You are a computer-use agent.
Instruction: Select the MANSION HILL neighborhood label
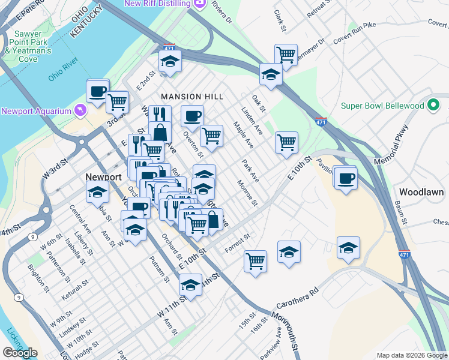191,97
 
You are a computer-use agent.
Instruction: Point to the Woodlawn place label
421,192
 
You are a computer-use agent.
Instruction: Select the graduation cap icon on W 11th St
191,285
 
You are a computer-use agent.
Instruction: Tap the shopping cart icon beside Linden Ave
286,142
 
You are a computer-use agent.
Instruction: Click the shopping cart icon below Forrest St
256,261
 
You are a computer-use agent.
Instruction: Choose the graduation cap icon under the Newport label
97,193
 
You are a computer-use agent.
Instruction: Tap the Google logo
20,353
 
